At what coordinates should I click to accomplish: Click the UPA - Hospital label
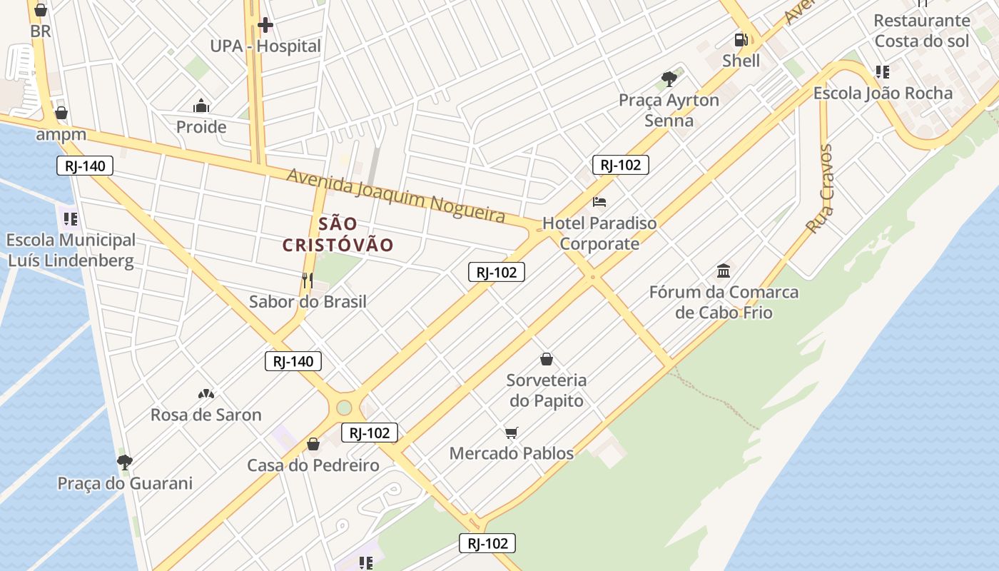click(x=265, y=46)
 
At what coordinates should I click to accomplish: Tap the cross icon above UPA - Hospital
click(x=265, y=26)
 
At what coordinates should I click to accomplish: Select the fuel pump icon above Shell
click(x=741, y=40)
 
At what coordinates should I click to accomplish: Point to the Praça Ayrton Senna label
click(x=669, y=110)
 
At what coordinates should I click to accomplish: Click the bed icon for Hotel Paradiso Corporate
click(x=599, y=202)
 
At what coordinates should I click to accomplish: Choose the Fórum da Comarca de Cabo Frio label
click(x=724, y=302)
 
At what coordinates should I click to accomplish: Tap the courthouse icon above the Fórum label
click(x=724, y=271)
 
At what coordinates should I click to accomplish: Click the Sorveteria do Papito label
click(x=546, y=390)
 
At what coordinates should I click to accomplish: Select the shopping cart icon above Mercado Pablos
click(x=511, y=433)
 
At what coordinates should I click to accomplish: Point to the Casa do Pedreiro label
click(x=313, y=465)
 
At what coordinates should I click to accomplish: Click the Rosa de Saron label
click(x=206, y=415)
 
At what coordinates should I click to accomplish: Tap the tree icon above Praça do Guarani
click(x=125, y=462)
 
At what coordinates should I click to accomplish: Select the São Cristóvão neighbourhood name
click(x=338, y=234)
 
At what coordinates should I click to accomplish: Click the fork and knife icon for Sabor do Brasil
click(x=308, y=281)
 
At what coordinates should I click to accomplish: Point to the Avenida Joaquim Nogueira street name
click(x=395, y=195)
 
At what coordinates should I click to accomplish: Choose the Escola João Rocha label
click(x=883, y=94)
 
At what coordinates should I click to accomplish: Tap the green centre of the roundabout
click(x=344, y=408)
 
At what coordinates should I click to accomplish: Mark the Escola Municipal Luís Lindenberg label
click(x=71, y=250)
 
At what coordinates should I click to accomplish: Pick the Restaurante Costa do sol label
click(x=921, y=31)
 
